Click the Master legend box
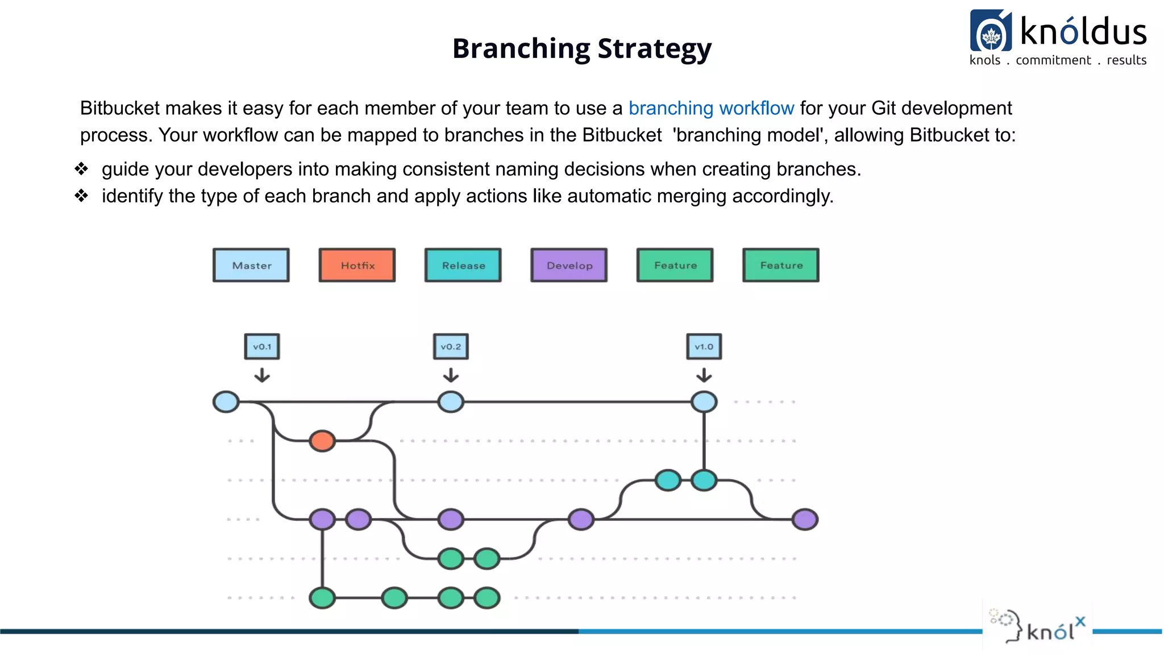[x=251, y=265]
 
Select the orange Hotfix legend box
[x=357, y=265]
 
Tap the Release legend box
[x=463, y=265]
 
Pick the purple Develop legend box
[x=569, y=265]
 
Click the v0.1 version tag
[x=262, y=346]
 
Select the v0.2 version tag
[x=451, y=346]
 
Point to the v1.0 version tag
[x=704, y=346]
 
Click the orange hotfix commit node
[x=322, y=441]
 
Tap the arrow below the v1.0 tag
[x=704, y=375]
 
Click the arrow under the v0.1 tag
[x=262, y=375]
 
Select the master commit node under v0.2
[x=451, y=402]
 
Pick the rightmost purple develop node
[x=805, y=519]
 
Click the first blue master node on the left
[x=226, y=402]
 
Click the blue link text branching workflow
[x=711, y=108]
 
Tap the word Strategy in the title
[x=654, y=48]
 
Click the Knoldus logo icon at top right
[x=991, y=31]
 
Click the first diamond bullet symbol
[x=82, y=169]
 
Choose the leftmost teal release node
[x=668, y=480]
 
